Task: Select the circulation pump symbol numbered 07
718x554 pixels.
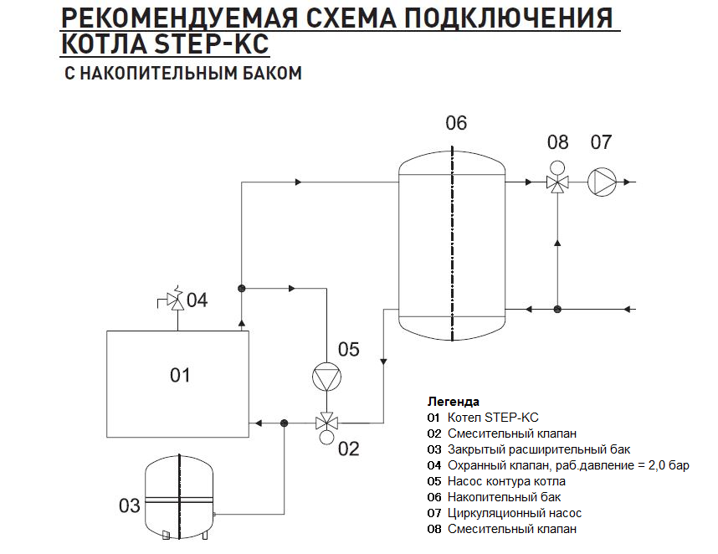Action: tap(601, 182)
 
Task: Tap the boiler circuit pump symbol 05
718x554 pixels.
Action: tap(326, 378)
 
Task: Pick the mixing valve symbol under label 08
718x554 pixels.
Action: tap(556, 182)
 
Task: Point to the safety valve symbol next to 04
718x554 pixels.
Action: tap(177, 300)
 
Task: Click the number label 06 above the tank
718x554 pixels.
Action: tap(455, 123)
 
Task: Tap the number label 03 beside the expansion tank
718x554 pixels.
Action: tap(129, 505)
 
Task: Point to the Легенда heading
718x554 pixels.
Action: tap(454, 401)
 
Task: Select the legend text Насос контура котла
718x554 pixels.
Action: tap(506, 480)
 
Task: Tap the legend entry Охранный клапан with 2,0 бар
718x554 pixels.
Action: tap(557, 464)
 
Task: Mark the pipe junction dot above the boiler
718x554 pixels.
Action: tap(241, 288)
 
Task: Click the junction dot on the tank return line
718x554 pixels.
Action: tap(557, 309)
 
